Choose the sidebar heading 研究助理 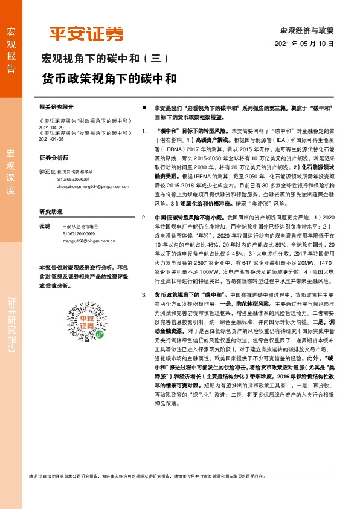point(50,212)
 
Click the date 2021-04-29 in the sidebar point(51,128)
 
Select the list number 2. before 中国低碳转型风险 point(143,216)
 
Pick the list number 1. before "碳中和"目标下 point(143,131)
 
